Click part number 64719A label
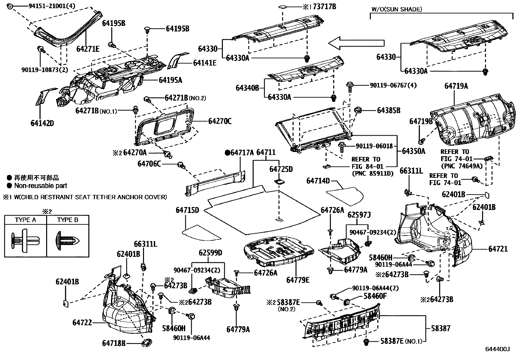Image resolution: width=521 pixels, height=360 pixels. point(456,86)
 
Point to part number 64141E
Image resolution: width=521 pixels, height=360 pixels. point(205,63)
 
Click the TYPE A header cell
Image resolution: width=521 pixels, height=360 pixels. point(26,220)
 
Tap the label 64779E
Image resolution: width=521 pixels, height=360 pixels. point(298,280)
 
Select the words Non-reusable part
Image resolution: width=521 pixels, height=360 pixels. point(41,186)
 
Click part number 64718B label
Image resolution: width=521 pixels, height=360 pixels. point(114,343)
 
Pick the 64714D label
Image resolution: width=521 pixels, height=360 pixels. point(318,181)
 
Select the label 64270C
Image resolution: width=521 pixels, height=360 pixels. point(220,121)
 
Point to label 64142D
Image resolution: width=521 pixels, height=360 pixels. point(43,123)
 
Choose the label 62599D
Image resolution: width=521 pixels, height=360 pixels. point(210,253)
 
